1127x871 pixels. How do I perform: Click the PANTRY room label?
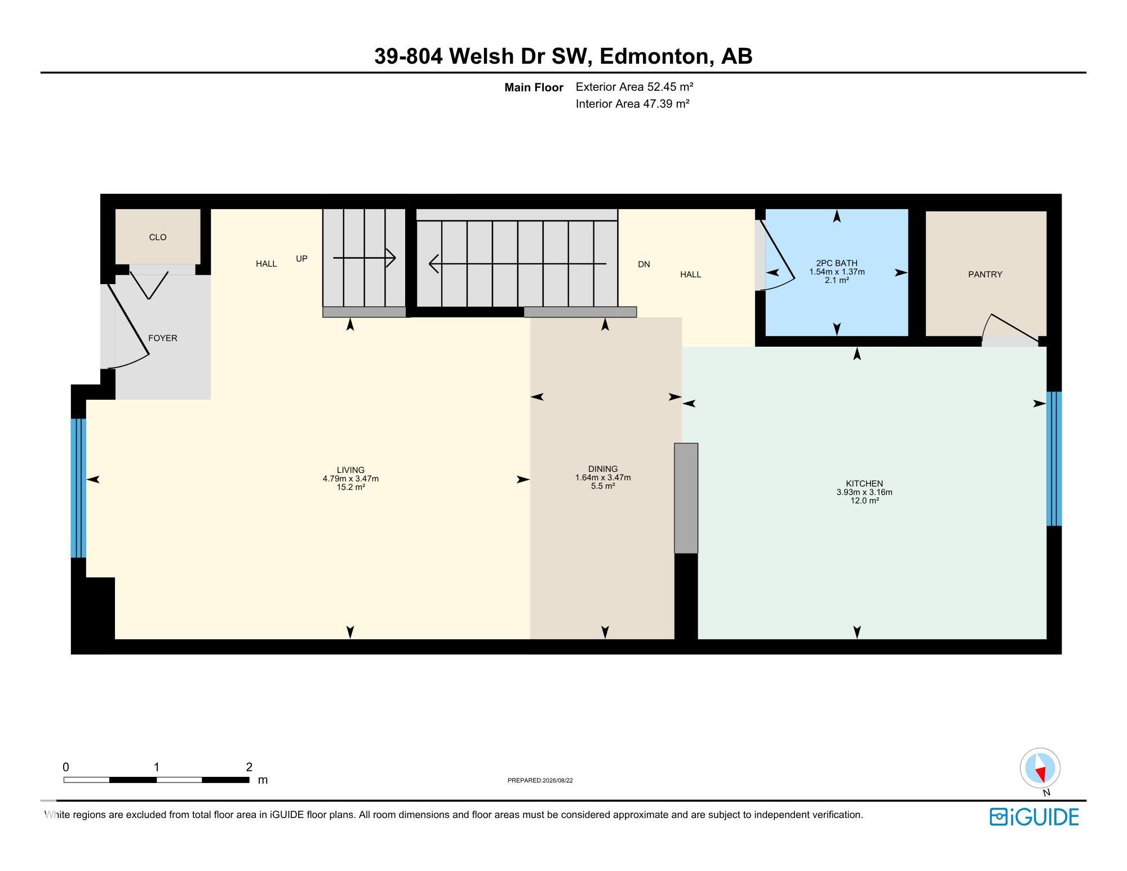click(x=985, y=275)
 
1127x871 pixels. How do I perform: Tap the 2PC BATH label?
click(x=837, y=263)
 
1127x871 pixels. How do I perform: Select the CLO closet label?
click(x=158, y=237)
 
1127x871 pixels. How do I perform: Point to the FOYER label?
click(x=163, y=338)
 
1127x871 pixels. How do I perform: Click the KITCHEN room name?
click(x=864, y=484)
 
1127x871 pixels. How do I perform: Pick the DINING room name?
click(x=603, y=469)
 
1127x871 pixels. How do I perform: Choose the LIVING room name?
click(x=350, y=470)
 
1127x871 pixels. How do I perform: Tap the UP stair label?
click(x=302, y=259)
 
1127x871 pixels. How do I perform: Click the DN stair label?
click(x=644, y=264)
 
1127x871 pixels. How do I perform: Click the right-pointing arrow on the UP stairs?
click(x=365, y=258)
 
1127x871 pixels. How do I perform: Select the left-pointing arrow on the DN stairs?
click(x=518, y=263)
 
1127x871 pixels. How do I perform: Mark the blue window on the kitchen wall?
click(x=1054, y=459)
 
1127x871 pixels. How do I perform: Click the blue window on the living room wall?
click(x=78, y=488)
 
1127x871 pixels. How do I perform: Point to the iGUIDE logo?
click(x=1035, y=817)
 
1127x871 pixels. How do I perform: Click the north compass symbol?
click(x=1040, y=768)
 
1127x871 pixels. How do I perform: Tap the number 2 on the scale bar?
click(x=249, y=767)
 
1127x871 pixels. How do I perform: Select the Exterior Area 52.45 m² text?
click(x=635, y=87)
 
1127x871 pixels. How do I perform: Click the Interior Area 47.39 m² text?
click(x=633, y=104)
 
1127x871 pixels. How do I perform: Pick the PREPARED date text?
click(x=540, y=781)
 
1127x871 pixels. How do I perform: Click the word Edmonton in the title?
click(x=654, y=56)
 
